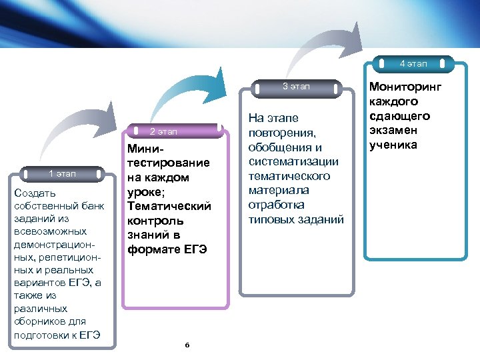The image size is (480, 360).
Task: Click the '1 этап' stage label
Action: [x=63, y=174]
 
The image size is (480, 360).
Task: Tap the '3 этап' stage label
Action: [x=296, y=86]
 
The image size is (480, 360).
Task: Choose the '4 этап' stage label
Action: [x=413, y=64]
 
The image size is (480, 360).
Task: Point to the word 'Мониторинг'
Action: [x=405, y=87]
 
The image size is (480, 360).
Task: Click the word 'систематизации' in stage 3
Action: [x=293, y=161]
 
